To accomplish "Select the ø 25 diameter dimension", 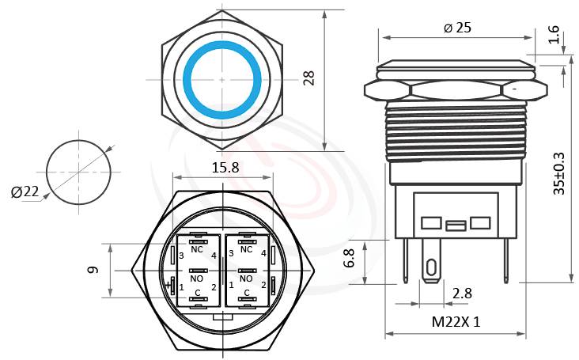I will coord(456,28).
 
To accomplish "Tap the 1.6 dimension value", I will coord(553,36).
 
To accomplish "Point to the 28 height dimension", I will coord(309,78).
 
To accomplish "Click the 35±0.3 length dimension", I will coord(559,173).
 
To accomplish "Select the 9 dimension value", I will coord(94,271).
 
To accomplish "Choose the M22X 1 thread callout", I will coord(456,322).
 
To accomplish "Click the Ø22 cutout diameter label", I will coord(25,191).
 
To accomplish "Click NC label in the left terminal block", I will coord(198,249).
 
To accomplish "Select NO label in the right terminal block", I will coord(246,279).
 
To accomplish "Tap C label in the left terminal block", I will coord(198,292).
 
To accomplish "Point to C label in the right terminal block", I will coord(246,292).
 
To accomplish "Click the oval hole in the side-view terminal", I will coord(431,268).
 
